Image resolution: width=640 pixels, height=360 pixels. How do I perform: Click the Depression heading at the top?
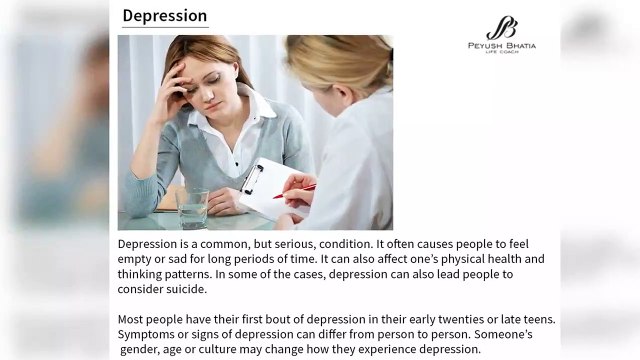[x=165, y=16]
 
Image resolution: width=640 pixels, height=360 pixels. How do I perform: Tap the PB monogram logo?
[x=501, y=29]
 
